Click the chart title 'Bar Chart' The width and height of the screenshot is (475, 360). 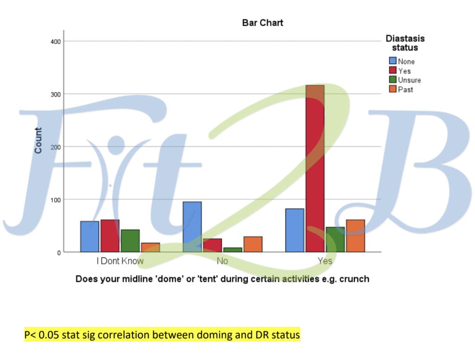coord(262,23)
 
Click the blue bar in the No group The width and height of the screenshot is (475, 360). coord(192,227)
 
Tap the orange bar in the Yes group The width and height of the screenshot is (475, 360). coord(355,236)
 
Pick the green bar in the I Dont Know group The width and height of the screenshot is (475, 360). coord(130,241)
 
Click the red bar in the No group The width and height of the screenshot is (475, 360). coord(212,245)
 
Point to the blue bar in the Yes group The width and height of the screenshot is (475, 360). coord(295,230)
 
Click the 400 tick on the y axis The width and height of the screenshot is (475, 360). coord(56,41)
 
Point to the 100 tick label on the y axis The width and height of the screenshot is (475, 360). coord(56,200)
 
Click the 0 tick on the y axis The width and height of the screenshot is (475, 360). coord(58,253)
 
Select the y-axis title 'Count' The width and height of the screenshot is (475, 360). coord(38,141)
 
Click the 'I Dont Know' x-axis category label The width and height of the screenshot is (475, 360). coord(120,261)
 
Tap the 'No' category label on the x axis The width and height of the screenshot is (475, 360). coord(222,261)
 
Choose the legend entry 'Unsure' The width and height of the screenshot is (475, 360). coord(409,80)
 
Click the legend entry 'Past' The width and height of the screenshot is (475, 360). coord(405,90)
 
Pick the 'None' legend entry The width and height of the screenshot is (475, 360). coord(406,62)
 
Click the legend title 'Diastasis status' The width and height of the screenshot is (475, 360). coord(405,43)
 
